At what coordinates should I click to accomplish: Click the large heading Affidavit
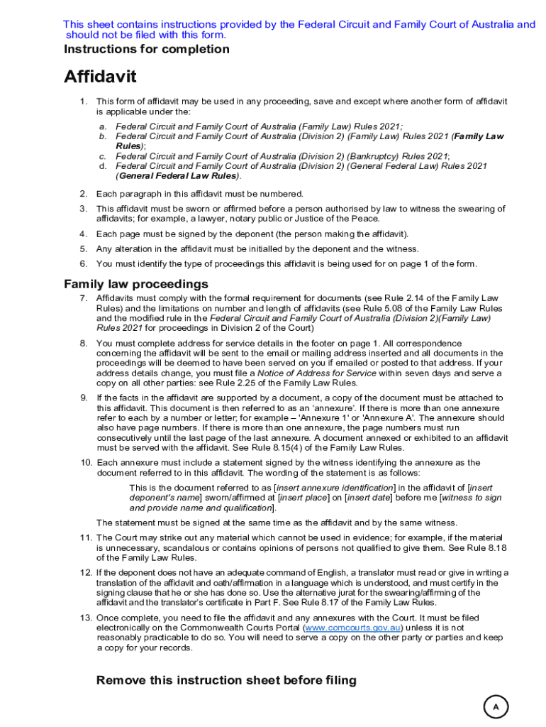click(x=100, y=77)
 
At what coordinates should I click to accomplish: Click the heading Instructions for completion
click(x=147, y=49)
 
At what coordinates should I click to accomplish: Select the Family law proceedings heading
click(x=136, y=284)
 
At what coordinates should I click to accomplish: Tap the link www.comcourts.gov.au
click(x=353, y=628)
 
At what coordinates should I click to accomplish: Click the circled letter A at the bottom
click(x=496, y=707)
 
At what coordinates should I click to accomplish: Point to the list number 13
click(x=84, y=618)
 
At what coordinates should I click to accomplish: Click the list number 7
click(x=83, y=298)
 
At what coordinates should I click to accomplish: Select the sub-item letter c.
click(x=102, y=156)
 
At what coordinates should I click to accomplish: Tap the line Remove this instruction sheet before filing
click(x=226, y=681)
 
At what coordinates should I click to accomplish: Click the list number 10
click(x=84, y=463)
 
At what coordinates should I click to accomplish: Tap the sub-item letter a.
click(x=102, y=126)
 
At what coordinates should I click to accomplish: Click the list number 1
click(x=83, y=102)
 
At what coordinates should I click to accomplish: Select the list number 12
click(x=84, y=573)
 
